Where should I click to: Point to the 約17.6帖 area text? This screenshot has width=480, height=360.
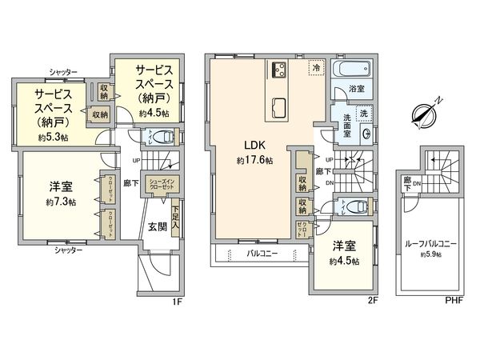[x=254, y=161]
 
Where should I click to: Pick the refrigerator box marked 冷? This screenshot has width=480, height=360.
[x=318, y=67]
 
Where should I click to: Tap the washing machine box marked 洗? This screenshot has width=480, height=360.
[x=363, y=115]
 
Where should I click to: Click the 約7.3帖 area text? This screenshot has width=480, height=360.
[x=61, y=202]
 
